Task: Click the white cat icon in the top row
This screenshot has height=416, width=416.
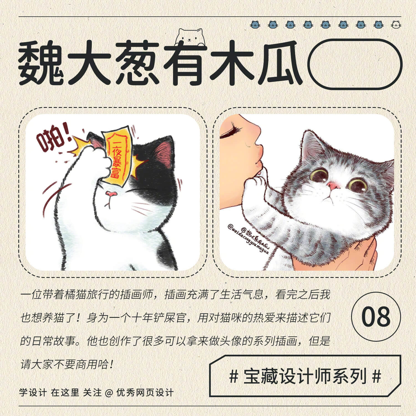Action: [396, 25]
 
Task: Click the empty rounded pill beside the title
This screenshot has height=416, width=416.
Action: [355, 64]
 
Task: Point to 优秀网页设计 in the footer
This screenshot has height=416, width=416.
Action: [145, 393]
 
